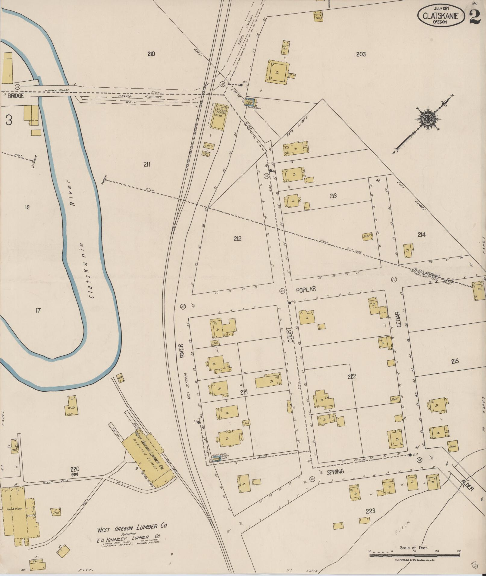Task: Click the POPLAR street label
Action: point(306,290)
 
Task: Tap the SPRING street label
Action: point(335,472)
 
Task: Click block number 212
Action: point(237,239)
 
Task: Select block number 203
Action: point(361,54)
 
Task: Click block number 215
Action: point(455,361)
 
